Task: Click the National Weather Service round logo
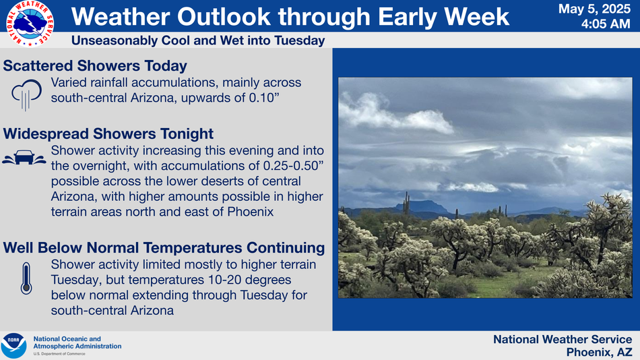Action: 30,24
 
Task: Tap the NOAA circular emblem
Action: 14,346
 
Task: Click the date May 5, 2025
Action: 594,9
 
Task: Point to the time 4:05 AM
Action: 606,24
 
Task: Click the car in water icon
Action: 24,157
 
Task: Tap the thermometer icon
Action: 26,278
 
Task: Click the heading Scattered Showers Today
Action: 95,66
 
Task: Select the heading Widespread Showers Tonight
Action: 108,133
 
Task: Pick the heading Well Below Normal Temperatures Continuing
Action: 164,247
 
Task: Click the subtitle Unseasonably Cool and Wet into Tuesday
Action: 198,40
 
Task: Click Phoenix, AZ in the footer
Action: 599,352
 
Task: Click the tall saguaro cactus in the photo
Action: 406,203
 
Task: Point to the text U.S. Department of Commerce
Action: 59,354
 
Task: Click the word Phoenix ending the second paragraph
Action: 250,212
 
